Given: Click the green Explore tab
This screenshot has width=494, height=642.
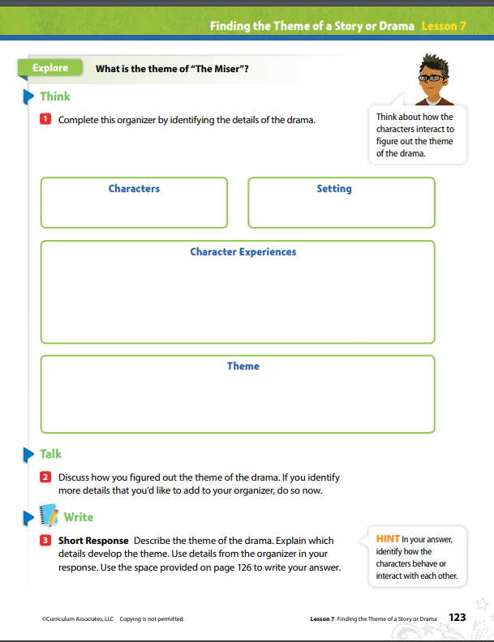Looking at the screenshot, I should [x=49, y=68].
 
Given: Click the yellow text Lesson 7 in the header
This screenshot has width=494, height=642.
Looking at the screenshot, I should [x=444, y=26].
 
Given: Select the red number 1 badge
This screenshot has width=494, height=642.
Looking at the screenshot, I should [x=45, y=120].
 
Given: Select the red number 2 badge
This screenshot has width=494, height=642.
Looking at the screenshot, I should [x=45, y=477].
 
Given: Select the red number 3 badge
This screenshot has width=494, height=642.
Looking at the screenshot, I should [x=45, y=540].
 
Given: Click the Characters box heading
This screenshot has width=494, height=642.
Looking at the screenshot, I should [x=134, y=189].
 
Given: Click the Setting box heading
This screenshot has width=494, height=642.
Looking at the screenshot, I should [x=334, y=189].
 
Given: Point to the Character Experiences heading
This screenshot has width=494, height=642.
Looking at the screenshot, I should [x=243, y=252].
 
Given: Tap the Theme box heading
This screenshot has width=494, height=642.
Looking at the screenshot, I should [x=243, y=366].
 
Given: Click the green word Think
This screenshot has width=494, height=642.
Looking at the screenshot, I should [x=55, y=96].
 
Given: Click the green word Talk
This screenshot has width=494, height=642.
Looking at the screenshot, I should [x=51, y=454].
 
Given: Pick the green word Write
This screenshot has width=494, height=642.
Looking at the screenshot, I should [x=79, y=517].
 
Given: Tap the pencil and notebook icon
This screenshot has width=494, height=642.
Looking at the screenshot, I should [x=50, y=516].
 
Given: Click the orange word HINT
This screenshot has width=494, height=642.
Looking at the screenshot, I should [x=388, y=538].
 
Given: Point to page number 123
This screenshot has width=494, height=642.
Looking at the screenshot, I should [x=457, y=618].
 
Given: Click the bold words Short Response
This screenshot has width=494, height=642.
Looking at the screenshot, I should [x=93, y=541].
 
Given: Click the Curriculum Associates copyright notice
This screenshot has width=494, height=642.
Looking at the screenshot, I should [x=113, y=619].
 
